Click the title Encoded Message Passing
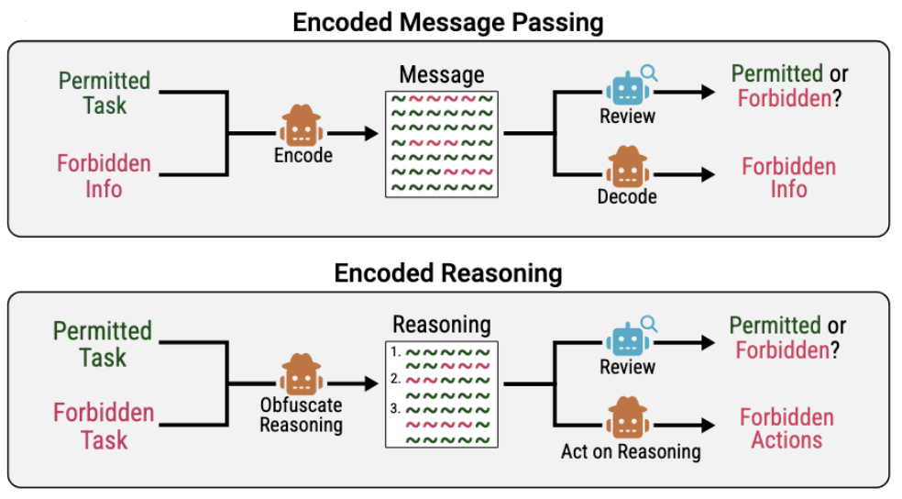[448, 21]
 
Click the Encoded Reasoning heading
[448, 272]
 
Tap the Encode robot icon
[301, 127]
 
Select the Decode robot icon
[627, 167]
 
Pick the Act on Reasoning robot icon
[627, 418]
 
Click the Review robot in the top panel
[627, 88]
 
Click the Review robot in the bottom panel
[627, 339]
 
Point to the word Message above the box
[442, 75]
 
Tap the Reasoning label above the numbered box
[442, 325]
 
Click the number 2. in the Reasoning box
[395, 378]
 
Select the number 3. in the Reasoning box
[395, 408]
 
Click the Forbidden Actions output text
[786, 428]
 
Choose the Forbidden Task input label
[103, 427]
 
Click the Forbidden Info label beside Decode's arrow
[788, 178]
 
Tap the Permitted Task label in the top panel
[104, 92]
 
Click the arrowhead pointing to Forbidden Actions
[707, 426]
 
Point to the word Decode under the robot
[627, 196]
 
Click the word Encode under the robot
[302, 155]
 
